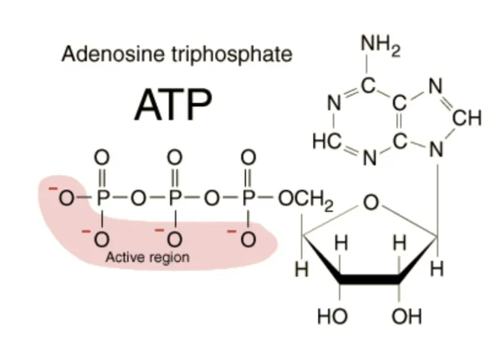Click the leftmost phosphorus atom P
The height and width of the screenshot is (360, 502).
coord(103,198)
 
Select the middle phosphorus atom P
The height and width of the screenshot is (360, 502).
coord(176,198)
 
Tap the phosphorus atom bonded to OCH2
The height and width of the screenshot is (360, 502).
coord(248,198)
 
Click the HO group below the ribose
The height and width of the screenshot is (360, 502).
coord(332,317)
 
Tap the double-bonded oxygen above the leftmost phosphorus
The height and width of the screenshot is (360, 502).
coord(103,157)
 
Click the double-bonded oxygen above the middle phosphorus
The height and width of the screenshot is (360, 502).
coord(176,157)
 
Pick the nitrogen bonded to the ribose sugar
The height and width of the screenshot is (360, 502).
coord(437,150)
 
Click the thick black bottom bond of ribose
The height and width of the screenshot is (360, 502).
coord(370,281)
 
